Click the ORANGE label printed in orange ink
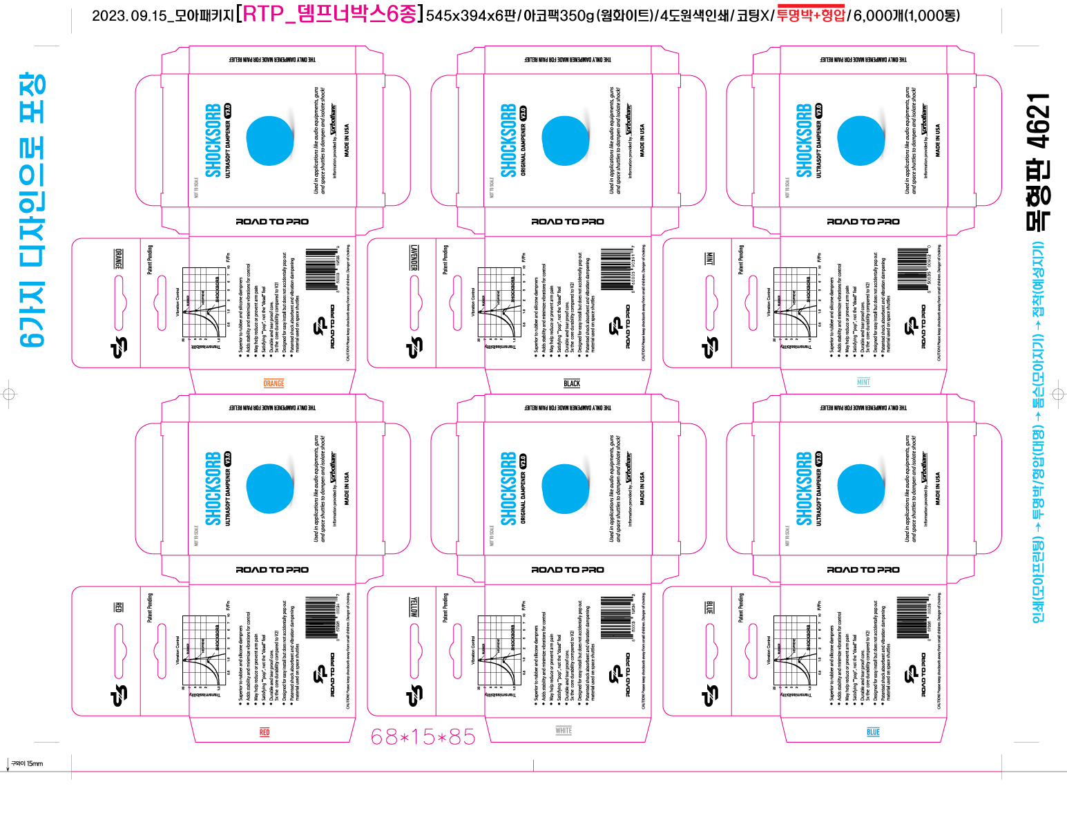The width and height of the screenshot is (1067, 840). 273,383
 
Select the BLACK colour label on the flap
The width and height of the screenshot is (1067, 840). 572,383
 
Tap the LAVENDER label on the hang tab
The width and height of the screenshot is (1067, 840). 414,258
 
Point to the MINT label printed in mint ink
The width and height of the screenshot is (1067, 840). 863,382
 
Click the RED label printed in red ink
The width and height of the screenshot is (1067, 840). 265,732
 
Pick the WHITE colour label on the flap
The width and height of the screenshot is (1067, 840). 564,730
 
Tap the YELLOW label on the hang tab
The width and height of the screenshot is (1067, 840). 414,607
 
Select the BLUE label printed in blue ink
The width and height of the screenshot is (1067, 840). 873,732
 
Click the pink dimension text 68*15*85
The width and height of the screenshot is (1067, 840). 423,738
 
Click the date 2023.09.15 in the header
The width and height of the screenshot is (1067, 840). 129,16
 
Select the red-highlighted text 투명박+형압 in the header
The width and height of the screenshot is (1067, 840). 811,15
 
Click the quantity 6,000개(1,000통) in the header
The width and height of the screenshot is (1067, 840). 907,15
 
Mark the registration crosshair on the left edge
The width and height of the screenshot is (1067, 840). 9,394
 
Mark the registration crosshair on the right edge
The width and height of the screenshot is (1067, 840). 1058,394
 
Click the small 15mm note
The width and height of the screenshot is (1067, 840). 27,763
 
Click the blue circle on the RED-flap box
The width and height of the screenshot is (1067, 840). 270,488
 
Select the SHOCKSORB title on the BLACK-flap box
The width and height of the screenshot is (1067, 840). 508,141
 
